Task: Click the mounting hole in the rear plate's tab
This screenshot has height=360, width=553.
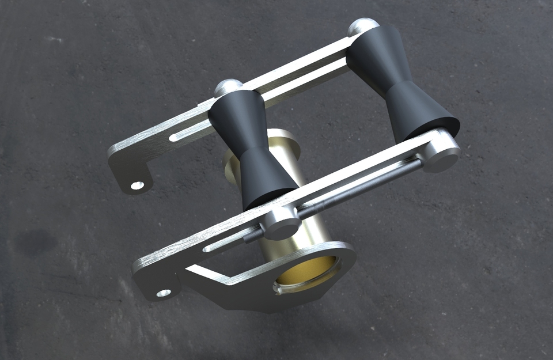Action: tap(137, 185)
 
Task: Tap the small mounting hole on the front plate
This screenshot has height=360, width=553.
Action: tap(164, 293)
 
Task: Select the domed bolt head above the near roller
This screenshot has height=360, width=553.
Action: tap(227, 88)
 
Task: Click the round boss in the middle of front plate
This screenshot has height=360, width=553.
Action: tap(282, 221)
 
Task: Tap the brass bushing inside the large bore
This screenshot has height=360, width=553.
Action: tap(305, 271)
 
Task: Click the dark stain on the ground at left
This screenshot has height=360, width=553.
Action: tap(35, 242)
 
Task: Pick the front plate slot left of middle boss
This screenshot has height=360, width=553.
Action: tap(230, 242)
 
